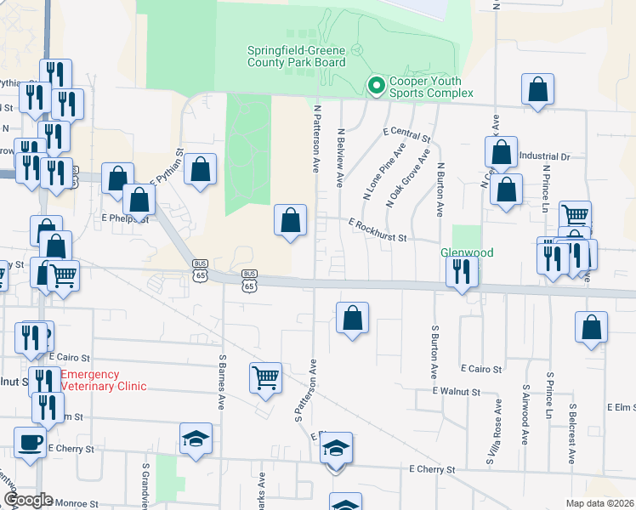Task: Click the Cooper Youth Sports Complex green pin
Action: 374,85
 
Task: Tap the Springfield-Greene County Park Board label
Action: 296,56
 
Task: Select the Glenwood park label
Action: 466,252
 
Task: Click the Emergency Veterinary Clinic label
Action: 102,380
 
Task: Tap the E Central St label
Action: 407,134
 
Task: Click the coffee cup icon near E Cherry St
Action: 31,443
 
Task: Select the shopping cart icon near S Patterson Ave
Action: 265,377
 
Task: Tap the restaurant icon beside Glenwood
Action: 462,271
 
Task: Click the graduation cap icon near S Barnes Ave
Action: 196,439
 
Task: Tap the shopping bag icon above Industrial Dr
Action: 537,89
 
